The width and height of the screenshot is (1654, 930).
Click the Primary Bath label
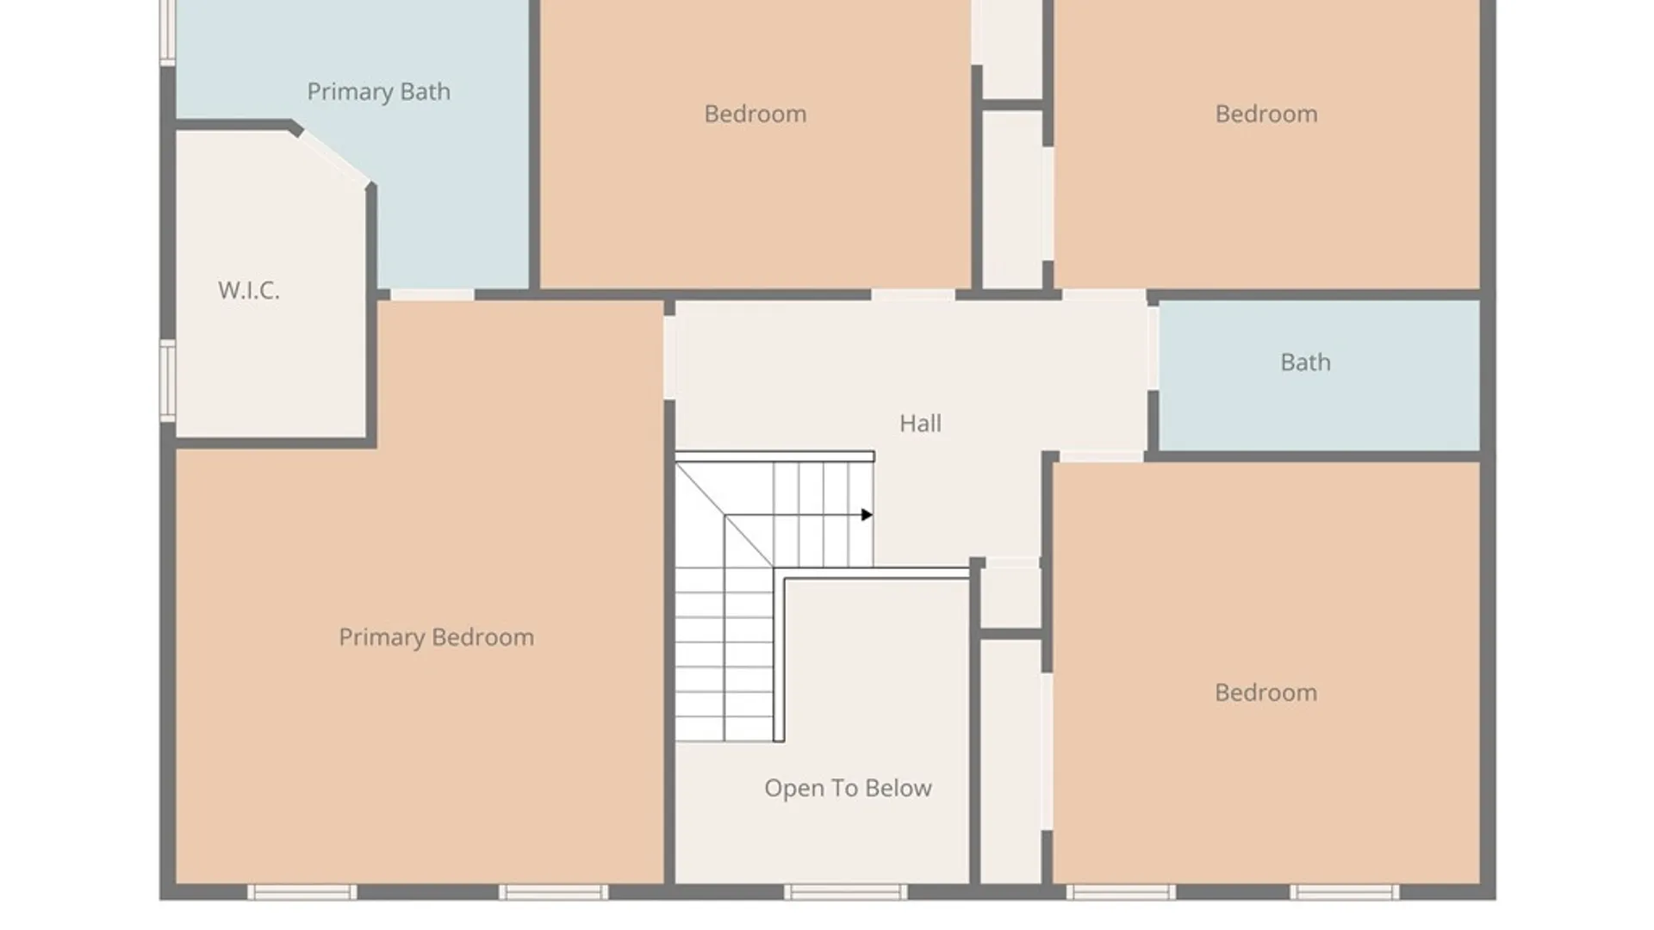(378, 91)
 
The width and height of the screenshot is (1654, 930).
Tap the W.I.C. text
(249, 290)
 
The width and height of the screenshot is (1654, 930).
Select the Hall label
(920, 423)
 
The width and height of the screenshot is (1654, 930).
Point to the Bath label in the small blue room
(1305, 362)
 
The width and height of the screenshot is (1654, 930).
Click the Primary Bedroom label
(436, 637)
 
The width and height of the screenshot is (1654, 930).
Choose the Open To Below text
(848, 788)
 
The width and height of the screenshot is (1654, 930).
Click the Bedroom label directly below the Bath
(1265, 692)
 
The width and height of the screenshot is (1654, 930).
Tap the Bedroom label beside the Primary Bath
(755, 114)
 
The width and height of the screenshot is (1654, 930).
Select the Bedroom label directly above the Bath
(1266, 114)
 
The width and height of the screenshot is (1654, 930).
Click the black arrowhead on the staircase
(867, 515)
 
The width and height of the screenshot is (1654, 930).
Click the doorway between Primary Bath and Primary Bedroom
(432, 295)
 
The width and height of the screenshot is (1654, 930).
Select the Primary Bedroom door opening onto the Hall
(669, 358)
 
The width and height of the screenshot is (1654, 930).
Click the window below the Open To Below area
(845, 892)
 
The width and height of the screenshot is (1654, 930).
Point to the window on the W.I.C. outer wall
(168, 381)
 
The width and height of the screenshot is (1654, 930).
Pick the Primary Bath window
(168, 32)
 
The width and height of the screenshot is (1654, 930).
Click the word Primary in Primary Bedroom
(382, 637)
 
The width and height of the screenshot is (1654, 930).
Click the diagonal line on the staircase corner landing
(724, 515)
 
